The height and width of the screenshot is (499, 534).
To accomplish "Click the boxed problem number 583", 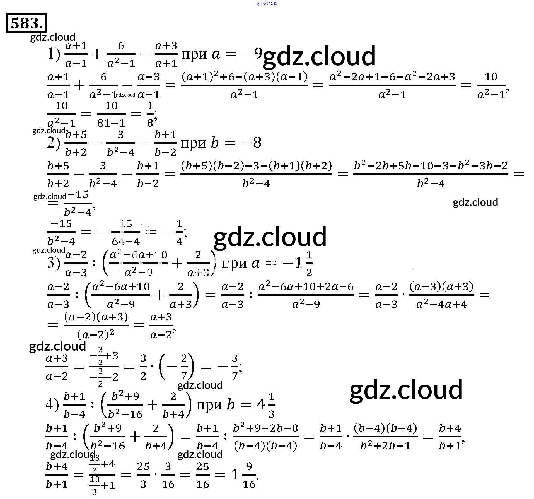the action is tap(26, 23).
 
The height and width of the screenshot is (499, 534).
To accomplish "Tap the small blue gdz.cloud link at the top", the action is tap(267, 3).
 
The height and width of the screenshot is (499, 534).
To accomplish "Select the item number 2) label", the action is tap(54, 143).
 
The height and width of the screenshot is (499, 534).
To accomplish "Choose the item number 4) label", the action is tap(52, 404).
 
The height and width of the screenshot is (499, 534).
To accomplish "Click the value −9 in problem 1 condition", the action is tap(252, 53).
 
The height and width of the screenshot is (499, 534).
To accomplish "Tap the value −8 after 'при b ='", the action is tap(252, 143).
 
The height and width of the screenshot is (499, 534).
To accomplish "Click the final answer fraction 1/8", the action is tap(150, 114).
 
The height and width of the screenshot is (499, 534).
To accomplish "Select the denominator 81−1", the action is tap(111, 123).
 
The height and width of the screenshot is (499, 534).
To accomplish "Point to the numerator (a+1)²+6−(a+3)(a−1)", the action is tap(244, 77).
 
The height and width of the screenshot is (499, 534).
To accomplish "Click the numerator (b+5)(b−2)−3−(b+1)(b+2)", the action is tap(256, 166).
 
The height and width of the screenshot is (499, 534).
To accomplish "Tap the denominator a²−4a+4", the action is tap(441, 304).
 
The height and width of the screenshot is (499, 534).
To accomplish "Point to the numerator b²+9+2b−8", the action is tap(265, 428).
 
